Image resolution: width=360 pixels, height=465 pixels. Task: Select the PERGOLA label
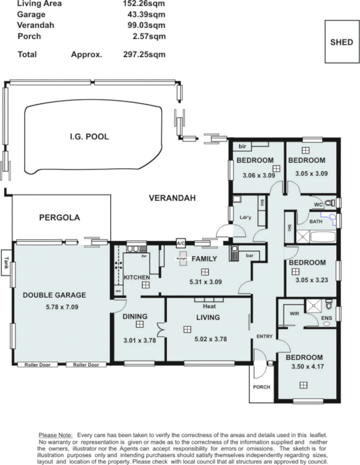pyautogui.click(x=59, y=218)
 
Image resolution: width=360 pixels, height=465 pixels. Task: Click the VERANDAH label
pyautogui.click(x=172, y=198)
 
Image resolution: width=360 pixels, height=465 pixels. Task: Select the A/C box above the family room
pyautogui.click(x=180, y=242)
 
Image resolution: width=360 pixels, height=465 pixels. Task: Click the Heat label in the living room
pyautogui.click(x=209, y=306)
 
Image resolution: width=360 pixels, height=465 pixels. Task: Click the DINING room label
pyautogui.click(x=136, y=317)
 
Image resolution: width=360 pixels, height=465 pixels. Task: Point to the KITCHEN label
pyautogui.click(x=137, y=277)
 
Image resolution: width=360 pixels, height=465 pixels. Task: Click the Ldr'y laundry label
pyautogui.click(x=245, y=218)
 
